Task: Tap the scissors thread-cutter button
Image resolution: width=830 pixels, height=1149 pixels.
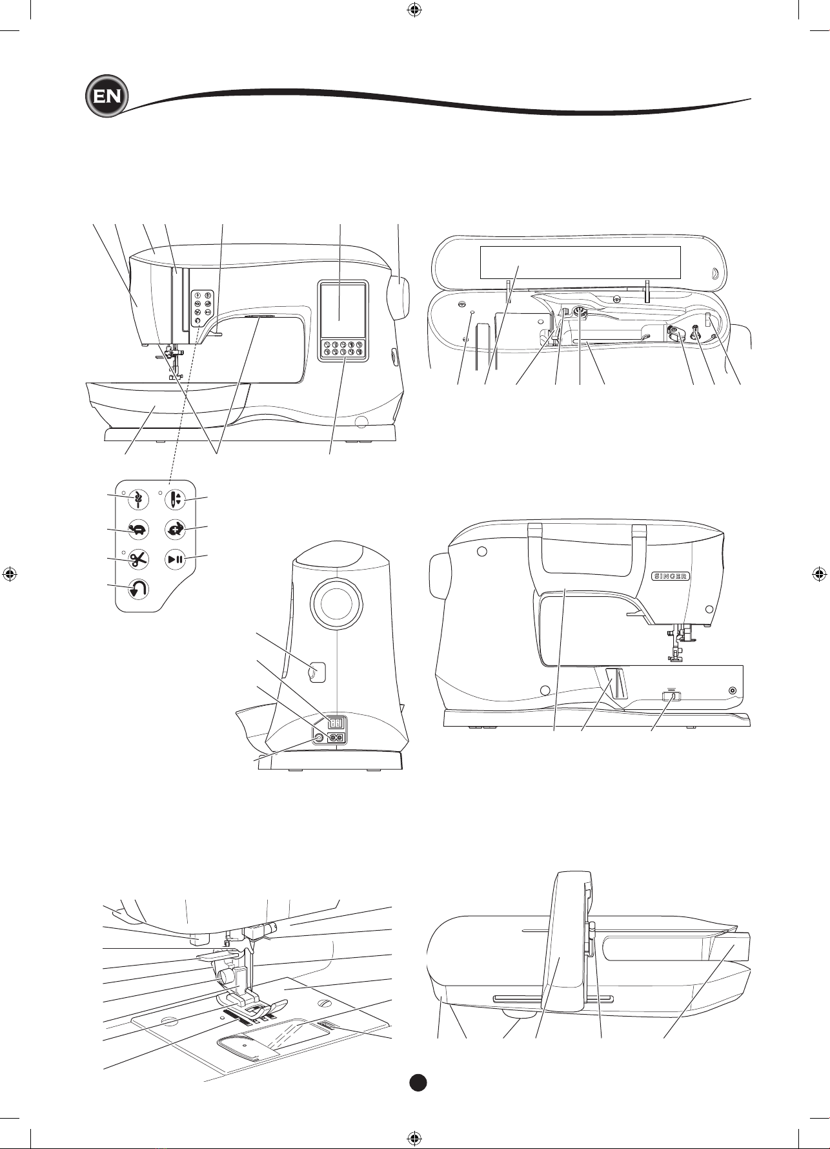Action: [137, 559]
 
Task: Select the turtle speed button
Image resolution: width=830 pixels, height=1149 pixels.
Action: [137, 530]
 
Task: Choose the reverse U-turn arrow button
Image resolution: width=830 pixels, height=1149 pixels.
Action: [137, 589]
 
